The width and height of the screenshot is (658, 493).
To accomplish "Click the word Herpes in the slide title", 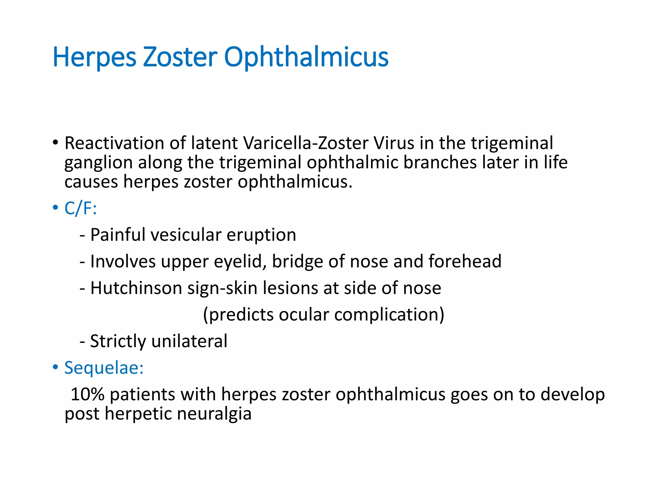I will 94,57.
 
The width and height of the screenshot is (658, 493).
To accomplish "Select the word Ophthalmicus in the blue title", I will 306,57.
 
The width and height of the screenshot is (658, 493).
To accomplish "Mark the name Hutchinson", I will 136,288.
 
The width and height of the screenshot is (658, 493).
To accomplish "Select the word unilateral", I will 189,341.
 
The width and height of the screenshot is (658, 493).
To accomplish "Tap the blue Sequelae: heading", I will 104,368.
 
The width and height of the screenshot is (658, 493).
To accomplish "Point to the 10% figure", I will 87,394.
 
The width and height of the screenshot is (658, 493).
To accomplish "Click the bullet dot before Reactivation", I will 56,142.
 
